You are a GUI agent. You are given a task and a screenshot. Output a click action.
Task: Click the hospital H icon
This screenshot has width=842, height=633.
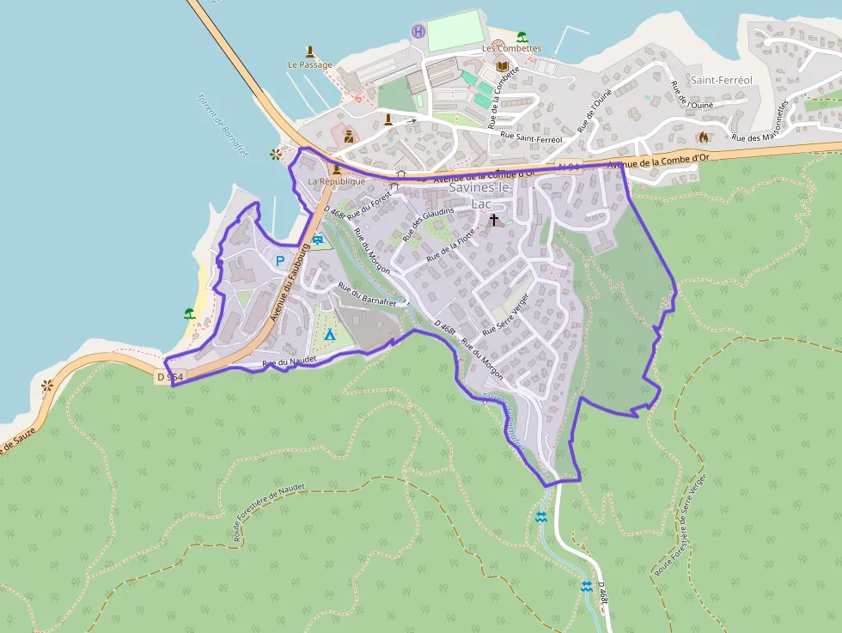coord(418,32)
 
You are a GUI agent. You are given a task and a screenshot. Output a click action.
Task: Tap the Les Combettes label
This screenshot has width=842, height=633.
coord(511,49)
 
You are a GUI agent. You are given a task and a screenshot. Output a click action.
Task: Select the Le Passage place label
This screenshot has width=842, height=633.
coord(309,64)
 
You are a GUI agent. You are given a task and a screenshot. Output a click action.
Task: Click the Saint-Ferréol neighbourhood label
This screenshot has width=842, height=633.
coord(721,80)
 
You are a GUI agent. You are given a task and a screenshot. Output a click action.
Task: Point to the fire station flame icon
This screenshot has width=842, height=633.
coord(703,136)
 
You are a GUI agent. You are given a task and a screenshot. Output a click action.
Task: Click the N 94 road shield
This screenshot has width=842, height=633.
coord(570,166)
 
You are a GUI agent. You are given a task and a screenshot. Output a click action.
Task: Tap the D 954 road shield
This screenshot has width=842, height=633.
coord(170,376)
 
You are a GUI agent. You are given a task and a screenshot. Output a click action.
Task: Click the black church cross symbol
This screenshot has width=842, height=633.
coord(493,220)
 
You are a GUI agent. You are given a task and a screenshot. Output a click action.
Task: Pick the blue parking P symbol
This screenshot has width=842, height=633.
coord(280,260)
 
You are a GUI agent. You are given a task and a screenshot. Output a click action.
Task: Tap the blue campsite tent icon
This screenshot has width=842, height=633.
coord(329,333)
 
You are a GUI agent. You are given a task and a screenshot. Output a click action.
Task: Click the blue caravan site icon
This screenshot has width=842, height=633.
coord(318,240)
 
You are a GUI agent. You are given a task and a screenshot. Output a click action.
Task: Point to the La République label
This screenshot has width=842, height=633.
coord(337,181)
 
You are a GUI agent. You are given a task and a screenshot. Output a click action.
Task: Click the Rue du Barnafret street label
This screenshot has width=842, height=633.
coord(367,294)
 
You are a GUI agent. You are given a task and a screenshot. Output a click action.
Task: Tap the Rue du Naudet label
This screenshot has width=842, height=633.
coord(284,363)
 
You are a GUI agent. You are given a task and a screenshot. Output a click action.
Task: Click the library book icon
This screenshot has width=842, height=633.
coord(502,66)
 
